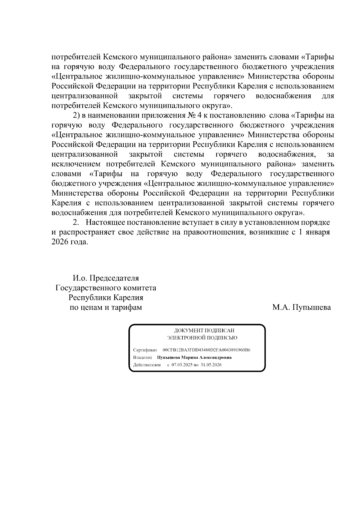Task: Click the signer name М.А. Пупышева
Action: tap(301, 307)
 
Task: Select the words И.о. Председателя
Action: tap(106, 278)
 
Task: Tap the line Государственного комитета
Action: tap(106, 288)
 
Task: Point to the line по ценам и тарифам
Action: tap(106, 307)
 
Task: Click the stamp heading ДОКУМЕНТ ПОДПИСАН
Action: tap(204, 331)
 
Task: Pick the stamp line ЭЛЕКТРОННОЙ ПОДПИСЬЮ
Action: tap(202, 338)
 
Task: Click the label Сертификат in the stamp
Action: tap(145, 350)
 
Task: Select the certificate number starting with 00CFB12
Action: tap(207, 350)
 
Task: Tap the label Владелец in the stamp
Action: tap(142, 358)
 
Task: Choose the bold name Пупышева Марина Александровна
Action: tap(194, 358)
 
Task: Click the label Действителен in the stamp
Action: tap(147, 365)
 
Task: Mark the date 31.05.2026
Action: tap(211, 365)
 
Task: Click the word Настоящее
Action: tap(105, 223)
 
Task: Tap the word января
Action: tap(318, 232)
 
